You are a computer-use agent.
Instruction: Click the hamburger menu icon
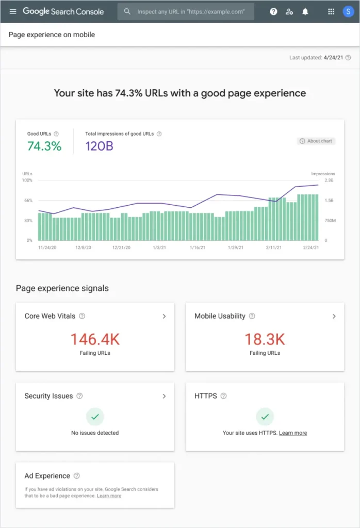13,11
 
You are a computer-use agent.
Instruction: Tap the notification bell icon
305,11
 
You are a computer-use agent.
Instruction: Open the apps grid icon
331,11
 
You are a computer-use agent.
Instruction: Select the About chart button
316,141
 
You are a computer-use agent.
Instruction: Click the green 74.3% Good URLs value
44,146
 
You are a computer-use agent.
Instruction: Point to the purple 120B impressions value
99,146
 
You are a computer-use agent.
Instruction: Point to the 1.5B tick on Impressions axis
329,200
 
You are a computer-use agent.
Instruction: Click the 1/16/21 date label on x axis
198,247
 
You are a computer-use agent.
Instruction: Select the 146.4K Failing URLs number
95,339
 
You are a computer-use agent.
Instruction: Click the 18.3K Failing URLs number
265,339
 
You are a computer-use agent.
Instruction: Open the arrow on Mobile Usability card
334,316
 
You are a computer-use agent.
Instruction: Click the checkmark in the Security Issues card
95,416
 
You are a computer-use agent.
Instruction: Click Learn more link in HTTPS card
293,433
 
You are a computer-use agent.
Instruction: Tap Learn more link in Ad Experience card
109,496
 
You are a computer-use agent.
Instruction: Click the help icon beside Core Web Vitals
82,316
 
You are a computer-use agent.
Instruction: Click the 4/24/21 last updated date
333,58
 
